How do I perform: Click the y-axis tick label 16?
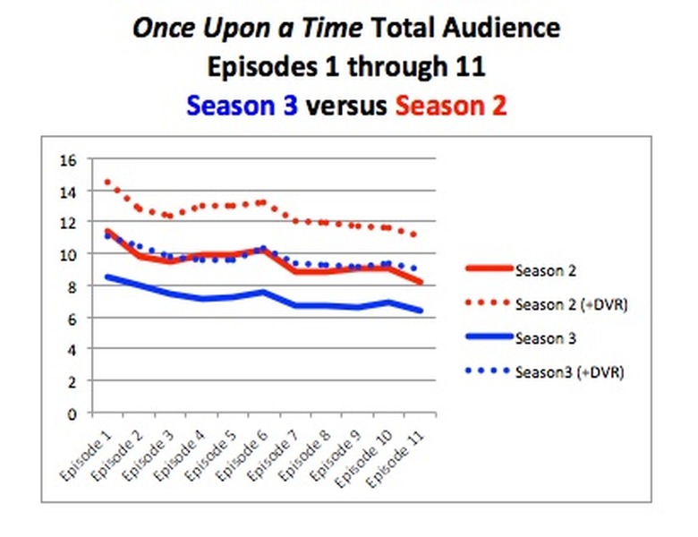69,160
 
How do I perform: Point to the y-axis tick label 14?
69,192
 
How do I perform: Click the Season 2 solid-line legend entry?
545,268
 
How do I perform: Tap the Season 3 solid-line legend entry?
545,338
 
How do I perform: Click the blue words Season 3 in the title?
243,106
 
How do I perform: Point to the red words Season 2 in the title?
451,106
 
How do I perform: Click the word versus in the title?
346,106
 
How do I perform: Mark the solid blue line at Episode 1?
107,277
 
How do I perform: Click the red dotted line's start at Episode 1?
107,182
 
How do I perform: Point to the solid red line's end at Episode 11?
421,282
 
